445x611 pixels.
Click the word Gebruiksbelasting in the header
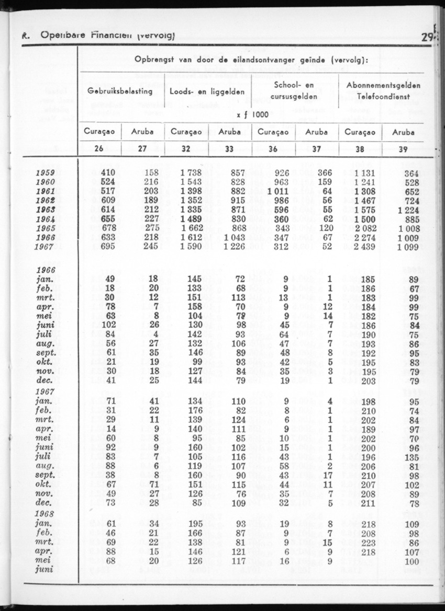click(x=120, y=91)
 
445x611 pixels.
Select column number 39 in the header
click(x=403, y=149)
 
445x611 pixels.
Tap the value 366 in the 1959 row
click(x=325, y=173)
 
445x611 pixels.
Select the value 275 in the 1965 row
click(x=151, y=228)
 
